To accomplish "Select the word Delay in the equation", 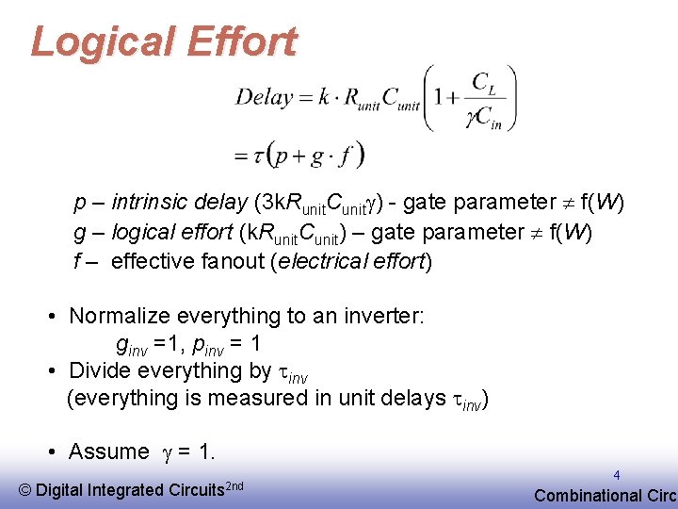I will pos(263,96).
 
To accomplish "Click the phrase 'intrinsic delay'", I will pos(180,203).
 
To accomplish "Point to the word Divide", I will pos(101,370).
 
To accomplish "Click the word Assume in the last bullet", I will pos(108,452).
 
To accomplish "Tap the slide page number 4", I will pos(616,476).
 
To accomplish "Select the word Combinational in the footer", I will pos(587,495).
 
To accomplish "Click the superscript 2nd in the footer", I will pos(235,484).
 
